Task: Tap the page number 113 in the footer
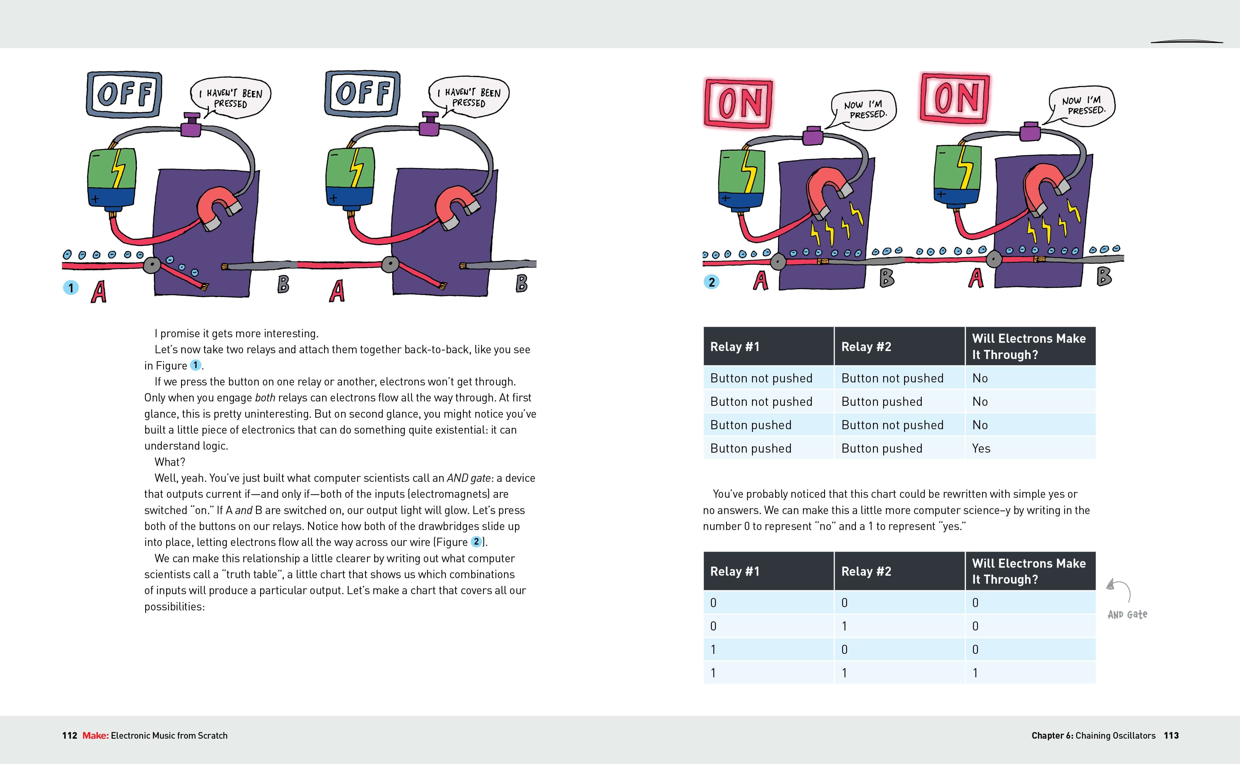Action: click(1171, 736)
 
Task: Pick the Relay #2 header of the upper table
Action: click(866, 347)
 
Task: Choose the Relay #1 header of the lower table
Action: click(735, 572)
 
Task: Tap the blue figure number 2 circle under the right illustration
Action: click(711, 282)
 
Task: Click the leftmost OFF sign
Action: click(124, 94)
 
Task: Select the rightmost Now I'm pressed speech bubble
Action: click(1082, 106)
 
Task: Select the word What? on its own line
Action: click(170, 462)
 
